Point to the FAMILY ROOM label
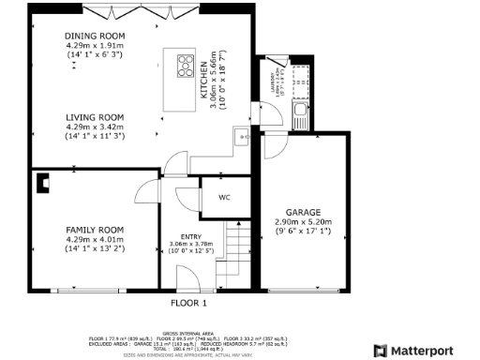pos(94,230)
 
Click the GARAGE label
pos(303,212)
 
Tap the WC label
pos(224,198)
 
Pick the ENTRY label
pos(189,236)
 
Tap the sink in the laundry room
pos(301,117)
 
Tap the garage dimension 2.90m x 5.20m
pos(303,221)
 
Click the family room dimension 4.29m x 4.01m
pos(94,239)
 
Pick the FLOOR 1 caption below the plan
pos(188,304)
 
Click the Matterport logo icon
pos(380,350)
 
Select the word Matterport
pos(427,350)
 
